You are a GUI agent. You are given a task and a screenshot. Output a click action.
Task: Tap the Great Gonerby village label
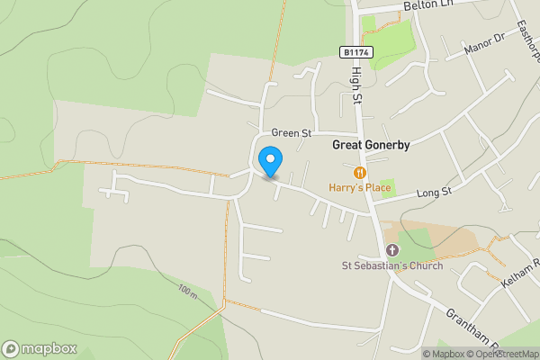pyautogui.click(x=372, y=143)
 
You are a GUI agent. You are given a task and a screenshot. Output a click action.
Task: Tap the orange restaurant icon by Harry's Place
pyautogui.click(x=360, y=172)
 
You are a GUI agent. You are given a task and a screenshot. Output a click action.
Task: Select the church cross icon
pyautogui.click(x=391, y=249)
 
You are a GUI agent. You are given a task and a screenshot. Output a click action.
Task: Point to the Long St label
pyautogui.click(x=434, y=192)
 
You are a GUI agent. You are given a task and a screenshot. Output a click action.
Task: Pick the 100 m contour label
pyautogui.click(x=187, y=291)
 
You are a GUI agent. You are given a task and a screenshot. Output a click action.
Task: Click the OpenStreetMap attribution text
pyautogui.click(x=505, y=354)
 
